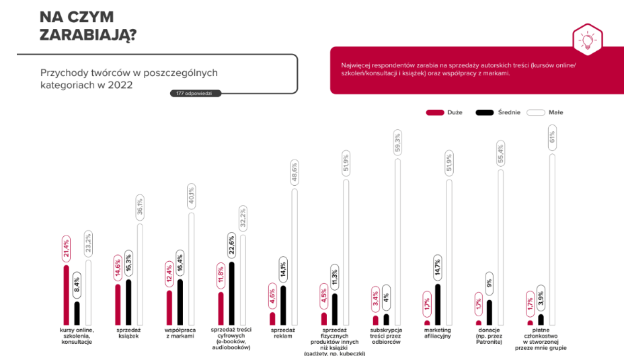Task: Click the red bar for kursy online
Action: coord(66,295)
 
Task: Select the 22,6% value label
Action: coord(231,244)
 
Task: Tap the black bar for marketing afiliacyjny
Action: coord(438,305)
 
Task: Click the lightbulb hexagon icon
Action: coord(586,40)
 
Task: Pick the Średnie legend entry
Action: coord(496,112)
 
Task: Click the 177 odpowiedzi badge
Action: coord(195,93)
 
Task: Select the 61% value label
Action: coord(552,138)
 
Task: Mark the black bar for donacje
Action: coord(489,312)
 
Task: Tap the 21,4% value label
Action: coord(66,248)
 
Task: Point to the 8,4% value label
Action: coord(77,285)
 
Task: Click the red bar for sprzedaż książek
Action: coord(118,304)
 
